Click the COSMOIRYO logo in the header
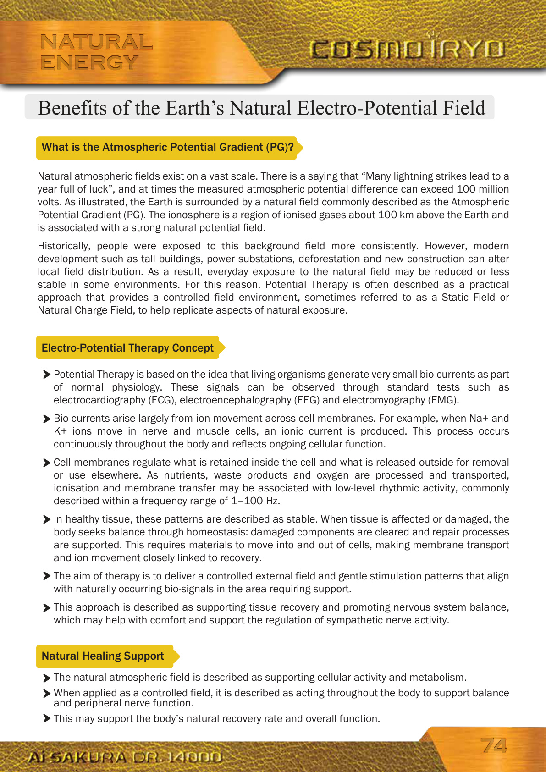407,50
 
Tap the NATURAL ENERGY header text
96,52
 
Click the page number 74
494,746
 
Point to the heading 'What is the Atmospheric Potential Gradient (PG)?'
167,147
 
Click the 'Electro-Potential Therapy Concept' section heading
127,348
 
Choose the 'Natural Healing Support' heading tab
103,656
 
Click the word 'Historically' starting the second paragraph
63,246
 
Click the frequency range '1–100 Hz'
255,501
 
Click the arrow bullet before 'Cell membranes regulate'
46,463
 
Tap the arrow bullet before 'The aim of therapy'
46,576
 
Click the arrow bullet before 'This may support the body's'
46,718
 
